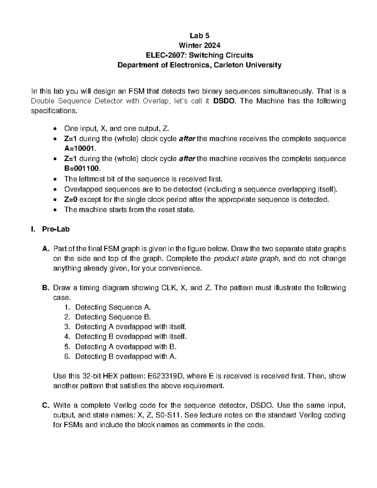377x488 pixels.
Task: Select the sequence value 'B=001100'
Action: tap(82, 168)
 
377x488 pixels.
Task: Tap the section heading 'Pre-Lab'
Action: tap(56, 229)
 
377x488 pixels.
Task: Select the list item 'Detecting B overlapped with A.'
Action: tap(126, 356)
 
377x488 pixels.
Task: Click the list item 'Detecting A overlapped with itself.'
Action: tap(131, 327)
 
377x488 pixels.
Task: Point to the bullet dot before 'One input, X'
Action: tap(56, 129)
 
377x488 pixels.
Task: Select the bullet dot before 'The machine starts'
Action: tap(56, 210)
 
